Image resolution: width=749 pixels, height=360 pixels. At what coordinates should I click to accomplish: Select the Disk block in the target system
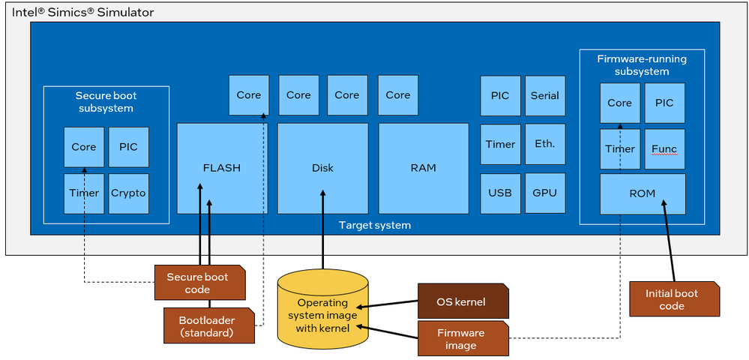click(x=322, y=168)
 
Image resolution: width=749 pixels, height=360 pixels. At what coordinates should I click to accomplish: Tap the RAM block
click(x=423, y=168)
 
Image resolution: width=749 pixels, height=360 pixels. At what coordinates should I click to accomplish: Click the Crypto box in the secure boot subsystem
click(x=128, y=193)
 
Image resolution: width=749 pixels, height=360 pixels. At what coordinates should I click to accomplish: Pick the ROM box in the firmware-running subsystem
click(x=643, y=193)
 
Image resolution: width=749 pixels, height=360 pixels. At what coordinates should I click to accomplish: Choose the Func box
click(x=664, y=148)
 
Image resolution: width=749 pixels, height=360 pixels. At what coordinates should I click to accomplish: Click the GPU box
click(x=544, y=193)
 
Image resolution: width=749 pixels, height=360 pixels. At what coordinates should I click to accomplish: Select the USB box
click(x=500, y=193)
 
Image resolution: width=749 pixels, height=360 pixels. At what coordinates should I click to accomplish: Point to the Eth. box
click(x=544, y=144)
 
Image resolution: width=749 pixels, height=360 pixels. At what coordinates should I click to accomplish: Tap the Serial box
click(x=544, y=95)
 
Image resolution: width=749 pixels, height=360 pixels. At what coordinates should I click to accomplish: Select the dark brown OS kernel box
click(x=461, y=302)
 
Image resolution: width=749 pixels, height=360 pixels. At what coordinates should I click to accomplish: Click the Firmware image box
click(x=461, y=339)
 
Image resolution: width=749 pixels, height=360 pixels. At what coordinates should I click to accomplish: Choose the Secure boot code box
click(x=197, y=283)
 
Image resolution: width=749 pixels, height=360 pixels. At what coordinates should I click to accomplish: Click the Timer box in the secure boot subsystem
click(x=84, y=193)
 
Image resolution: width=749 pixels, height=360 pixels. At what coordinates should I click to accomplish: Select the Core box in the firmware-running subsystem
click(x=619, y=103)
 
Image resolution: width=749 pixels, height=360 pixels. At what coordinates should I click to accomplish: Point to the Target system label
click(x=375, y=225)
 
